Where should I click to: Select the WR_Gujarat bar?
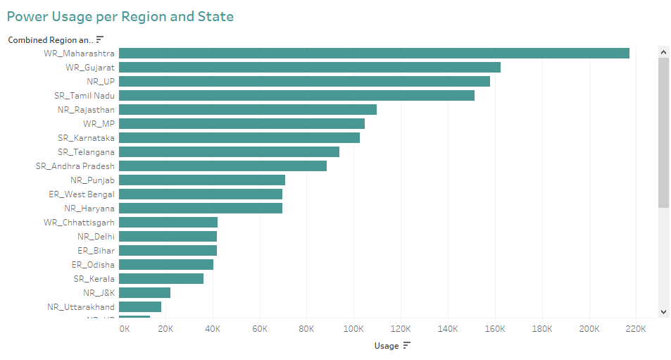[x=310, y=68]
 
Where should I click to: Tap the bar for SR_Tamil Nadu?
[x=296, y=96]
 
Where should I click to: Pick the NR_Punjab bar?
[x=202, y=180]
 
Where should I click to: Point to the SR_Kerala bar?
[x=161, y=279]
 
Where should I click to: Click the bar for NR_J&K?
[x=144, y=293]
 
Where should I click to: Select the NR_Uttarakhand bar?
[x=140, y=307]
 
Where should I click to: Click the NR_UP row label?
[x=101, y=82]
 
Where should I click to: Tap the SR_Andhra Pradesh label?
[x=75, y=166]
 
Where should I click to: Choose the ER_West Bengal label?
[x=82, y=194]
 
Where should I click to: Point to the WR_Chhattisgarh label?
[x=79, y=223]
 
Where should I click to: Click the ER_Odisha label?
[x=93, y=265]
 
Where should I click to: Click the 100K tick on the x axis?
[x=353, y=329]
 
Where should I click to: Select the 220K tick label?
[x=636, y=329]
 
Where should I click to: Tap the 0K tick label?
[x=125, y=329]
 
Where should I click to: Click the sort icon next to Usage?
[x=406, y=345]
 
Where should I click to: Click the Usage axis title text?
[x=386, y=346]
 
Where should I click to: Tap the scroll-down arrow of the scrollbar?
[x=663, y=311]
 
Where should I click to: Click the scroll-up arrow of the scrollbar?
[x=663, y=51]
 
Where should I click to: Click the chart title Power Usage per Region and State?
[x=120, y=15]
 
